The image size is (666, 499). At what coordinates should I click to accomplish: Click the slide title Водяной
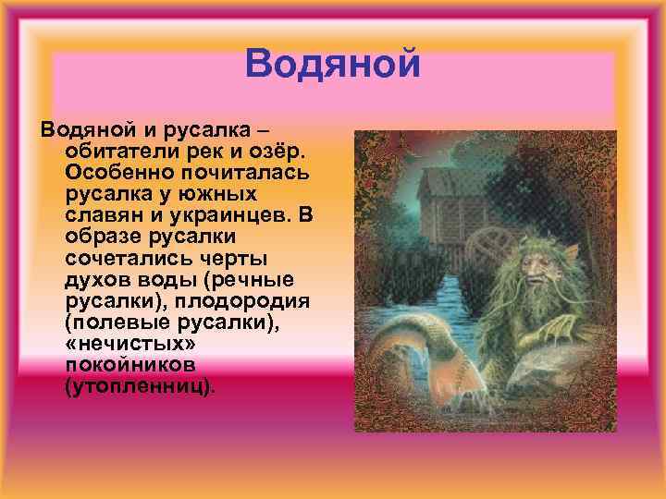(333, 64)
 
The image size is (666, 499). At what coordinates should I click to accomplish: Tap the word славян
(101, 215)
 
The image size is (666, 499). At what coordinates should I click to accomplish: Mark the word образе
(101, 237)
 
